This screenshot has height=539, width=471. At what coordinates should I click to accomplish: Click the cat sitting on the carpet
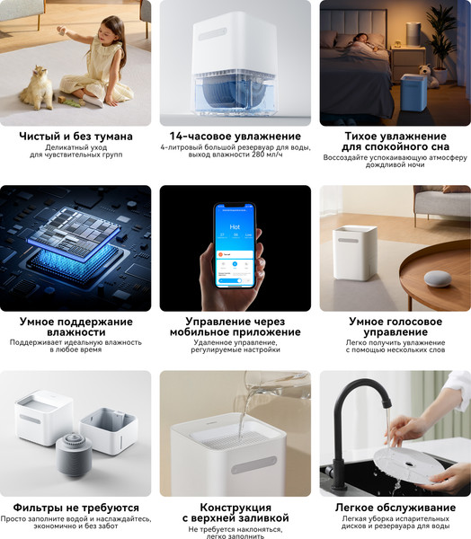point(37,88)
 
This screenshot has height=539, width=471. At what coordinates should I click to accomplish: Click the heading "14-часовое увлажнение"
point(235,137)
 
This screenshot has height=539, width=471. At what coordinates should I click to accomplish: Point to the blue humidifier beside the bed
point(413,93)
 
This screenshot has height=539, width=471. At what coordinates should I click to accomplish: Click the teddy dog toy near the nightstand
point(428,75)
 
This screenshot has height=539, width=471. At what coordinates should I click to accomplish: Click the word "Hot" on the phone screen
point(235,227)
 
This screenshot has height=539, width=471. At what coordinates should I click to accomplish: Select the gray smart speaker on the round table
point(437,279)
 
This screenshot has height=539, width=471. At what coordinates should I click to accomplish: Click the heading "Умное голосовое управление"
point(395,327)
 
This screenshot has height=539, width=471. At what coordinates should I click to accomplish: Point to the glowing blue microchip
point(75,241)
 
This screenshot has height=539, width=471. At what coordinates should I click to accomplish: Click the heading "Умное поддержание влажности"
point(76,327)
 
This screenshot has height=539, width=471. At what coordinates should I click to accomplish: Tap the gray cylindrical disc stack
point(74,455)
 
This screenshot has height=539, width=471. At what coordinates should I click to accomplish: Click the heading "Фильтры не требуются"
point(76,508)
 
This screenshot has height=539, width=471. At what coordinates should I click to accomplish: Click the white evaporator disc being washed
point(408,464)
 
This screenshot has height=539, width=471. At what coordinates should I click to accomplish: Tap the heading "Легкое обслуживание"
point(395,508)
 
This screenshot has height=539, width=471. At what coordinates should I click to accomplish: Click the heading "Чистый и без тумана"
point(76,137)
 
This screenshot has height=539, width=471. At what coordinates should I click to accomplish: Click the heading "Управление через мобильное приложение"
point(235,327)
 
